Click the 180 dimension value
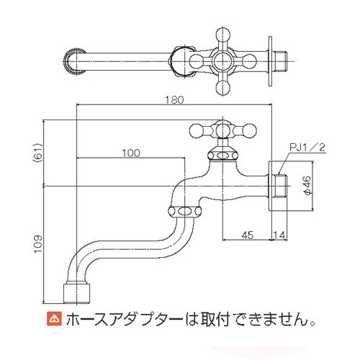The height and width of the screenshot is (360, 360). click(x=174, y=100)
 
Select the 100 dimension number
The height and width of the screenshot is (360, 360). click(x=131, y=153)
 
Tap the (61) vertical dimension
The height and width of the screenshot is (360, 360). click(x=38, y=153)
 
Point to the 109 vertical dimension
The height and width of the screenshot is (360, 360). click(x=38, y=244)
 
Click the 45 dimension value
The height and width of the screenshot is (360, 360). click(x=248, y=235)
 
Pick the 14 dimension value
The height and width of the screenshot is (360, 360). click(x=279, y=235)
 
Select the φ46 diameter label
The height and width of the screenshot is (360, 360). click(x=307, y=185)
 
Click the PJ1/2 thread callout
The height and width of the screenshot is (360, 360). click(x=307, y=147)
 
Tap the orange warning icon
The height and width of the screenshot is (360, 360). click(x=54, y=319)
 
